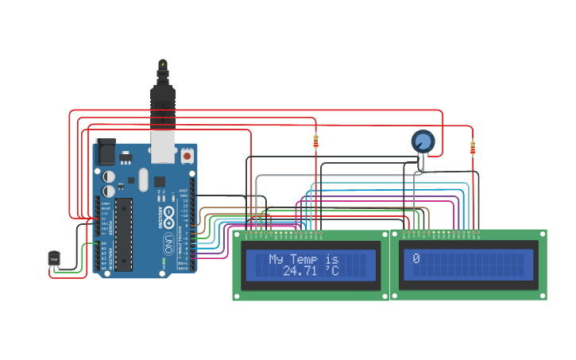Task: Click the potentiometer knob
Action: pyautogui.click(x=423, y=142)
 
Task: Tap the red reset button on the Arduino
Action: pyautogui.click(x=187, y=156)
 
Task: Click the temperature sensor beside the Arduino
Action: pyautogui.click(x=54, y=258)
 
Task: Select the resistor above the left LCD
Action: pyautogui.click(x=315, y=141)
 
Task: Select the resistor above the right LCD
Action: pyautogui.click(x=473, y=148)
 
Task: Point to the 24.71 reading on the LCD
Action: pyautogui.click(x=299, y=272)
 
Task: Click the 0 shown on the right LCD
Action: pyautogui.click(x=416, y=259)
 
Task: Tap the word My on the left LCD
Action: pyautogui.click(x=276, y=259)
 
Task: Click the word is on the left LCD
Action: pyautogui.click(x=332, y=259)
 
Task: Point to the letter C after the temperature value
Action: pyautogui.click(x=334, y=272)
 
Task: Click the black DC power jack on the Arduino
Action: pyautogui.click(x=105, y=152)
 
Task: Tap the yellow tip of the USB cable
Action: pyautogui.click(x=162, y=63)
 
